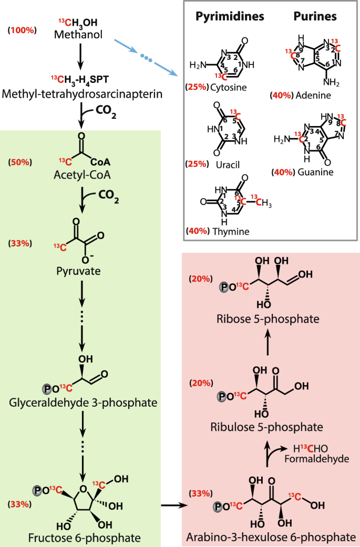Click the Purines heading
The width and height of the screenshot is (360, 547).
[315, 16]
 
